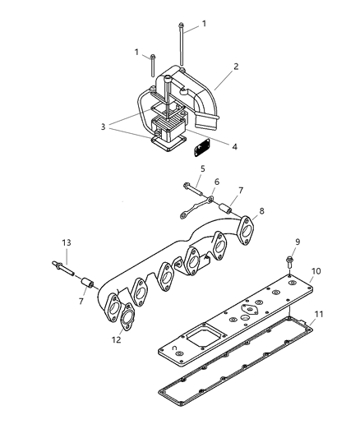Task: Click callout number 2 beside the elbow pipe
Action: point(236,66)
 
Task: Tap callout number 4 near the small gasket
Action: point(234,147)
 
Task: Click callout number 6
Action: point(218,182)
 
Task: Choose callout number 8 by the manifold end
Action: point(261,211)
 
